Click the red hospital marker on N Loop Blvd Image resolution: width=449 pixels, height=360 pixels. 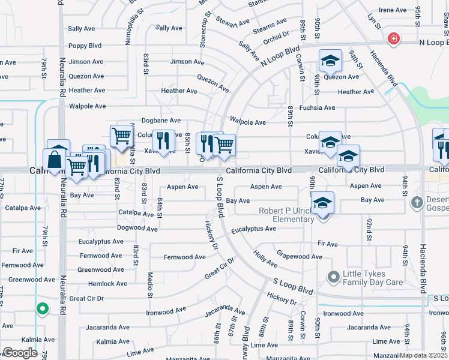click(393, 39)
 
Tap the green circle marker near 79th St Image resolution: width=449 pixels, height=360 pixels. click(42, 309)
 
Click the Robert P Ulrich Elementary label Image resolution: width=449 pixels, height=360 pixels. click(286, 215)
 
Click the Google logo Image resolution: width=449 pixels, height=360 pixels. click(20, 353)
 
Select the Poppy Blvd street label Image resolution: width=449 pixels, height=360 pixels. click(85, 46)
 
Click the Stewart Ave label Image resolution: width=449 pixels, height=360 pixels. click(233, 22)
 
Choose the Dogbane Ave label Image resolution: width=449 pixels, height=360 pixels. click(161, 120)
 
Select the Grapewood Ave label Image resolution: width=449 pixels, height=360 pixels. click(300, 256)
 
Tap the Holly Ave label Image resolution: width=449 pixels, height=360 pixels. click(265, 260)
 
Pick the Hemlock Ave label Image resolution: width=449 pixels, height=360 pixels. click(107, 284)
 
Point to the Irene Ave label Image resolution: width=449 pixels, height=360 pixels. click(393, 10)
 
